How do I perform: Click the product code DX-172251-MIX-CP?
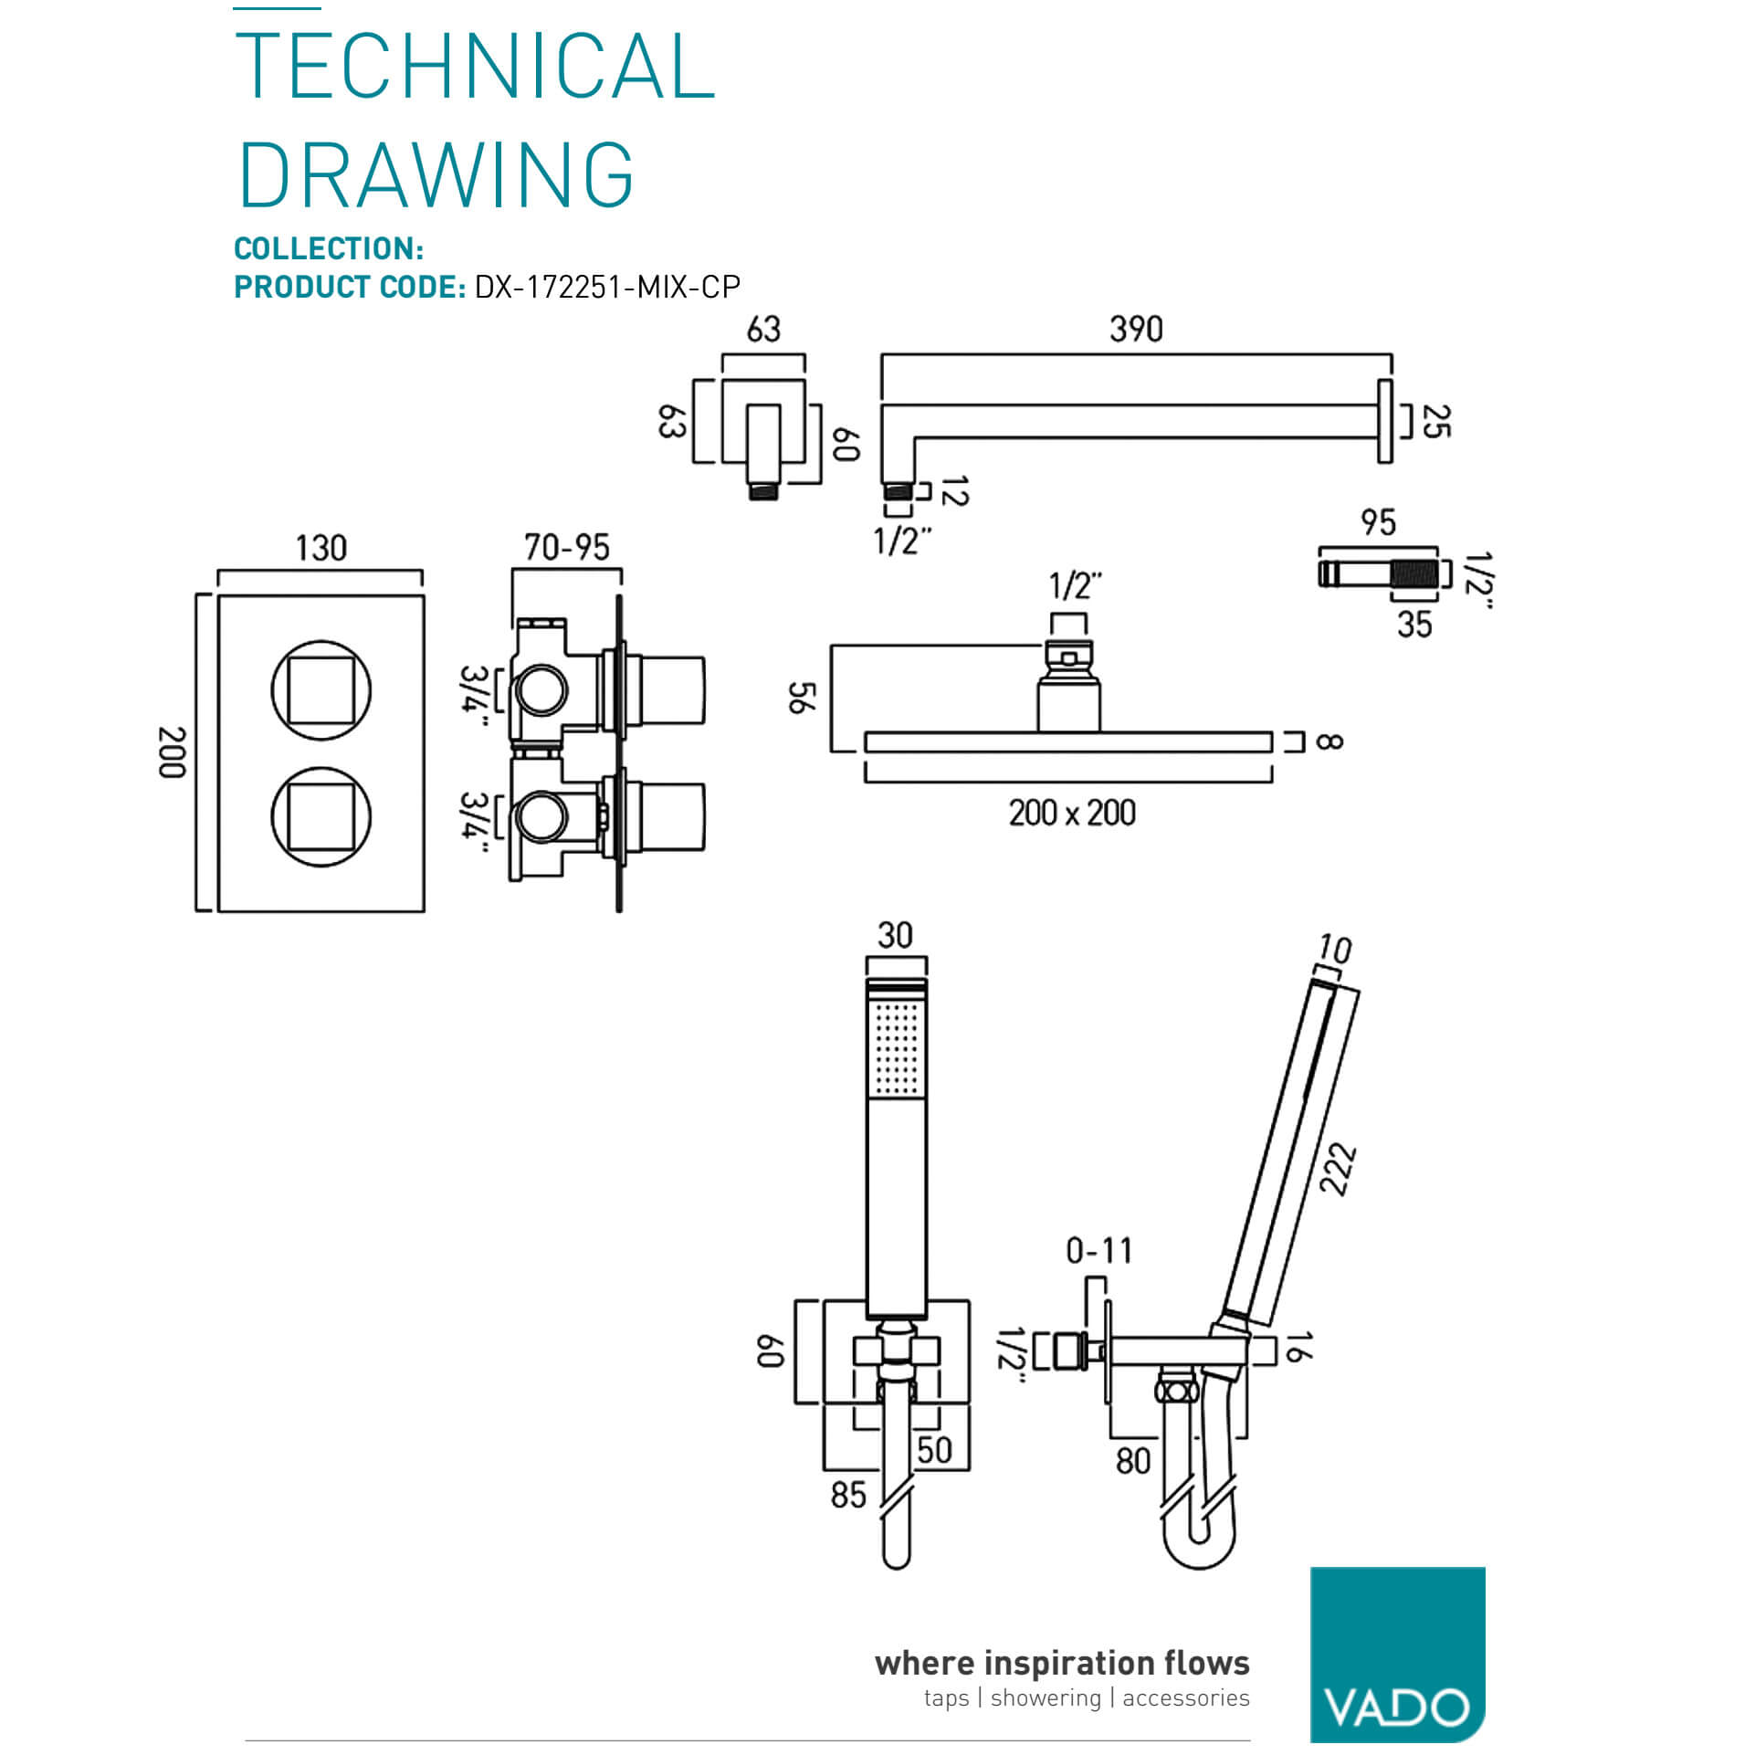pyautogui.click(x=607, y=288)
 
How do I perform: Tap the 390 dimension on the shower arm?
pyautogui.click(x=1136, y=329)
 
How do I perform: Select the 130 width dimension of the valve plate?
pyautogui.click(x=321, y=548)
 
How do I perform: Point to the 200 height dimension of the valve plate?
pyautogui.click(x=172, y=752)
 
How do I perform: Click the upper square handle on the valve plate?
pyautogui.click(x=321, y=689)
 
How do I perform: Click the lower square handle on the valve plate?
pyautogui.click(x=321, y=816)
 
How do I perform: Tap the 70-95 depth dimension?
pyautogui.click(x=566, y=547)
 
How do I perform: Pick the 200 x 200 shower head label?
pyautogui.click(x=1072, y=813)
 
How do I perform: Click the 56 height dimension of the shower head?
pyautogui.click(x=801, y=698)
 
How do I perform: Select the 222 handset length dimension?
pyautogui.click(x=1337, y=1170)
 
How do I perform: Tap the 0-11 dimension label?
pyautogui.click(x=1099, y=1250)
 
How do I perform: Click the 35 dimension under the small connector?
pyautogui.click(x=1413, y=625)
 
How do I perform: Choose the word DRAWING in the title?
pyautogui.click(x=436, y=175)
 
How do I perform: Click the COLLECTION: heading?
pyautogui.click(x=329, y=248)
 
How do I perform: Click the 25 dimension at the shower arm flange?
pyautogui.click(x=1435, y=422)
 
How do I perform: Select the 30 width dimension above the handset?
pyautogui.click(x=895, y=935)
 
